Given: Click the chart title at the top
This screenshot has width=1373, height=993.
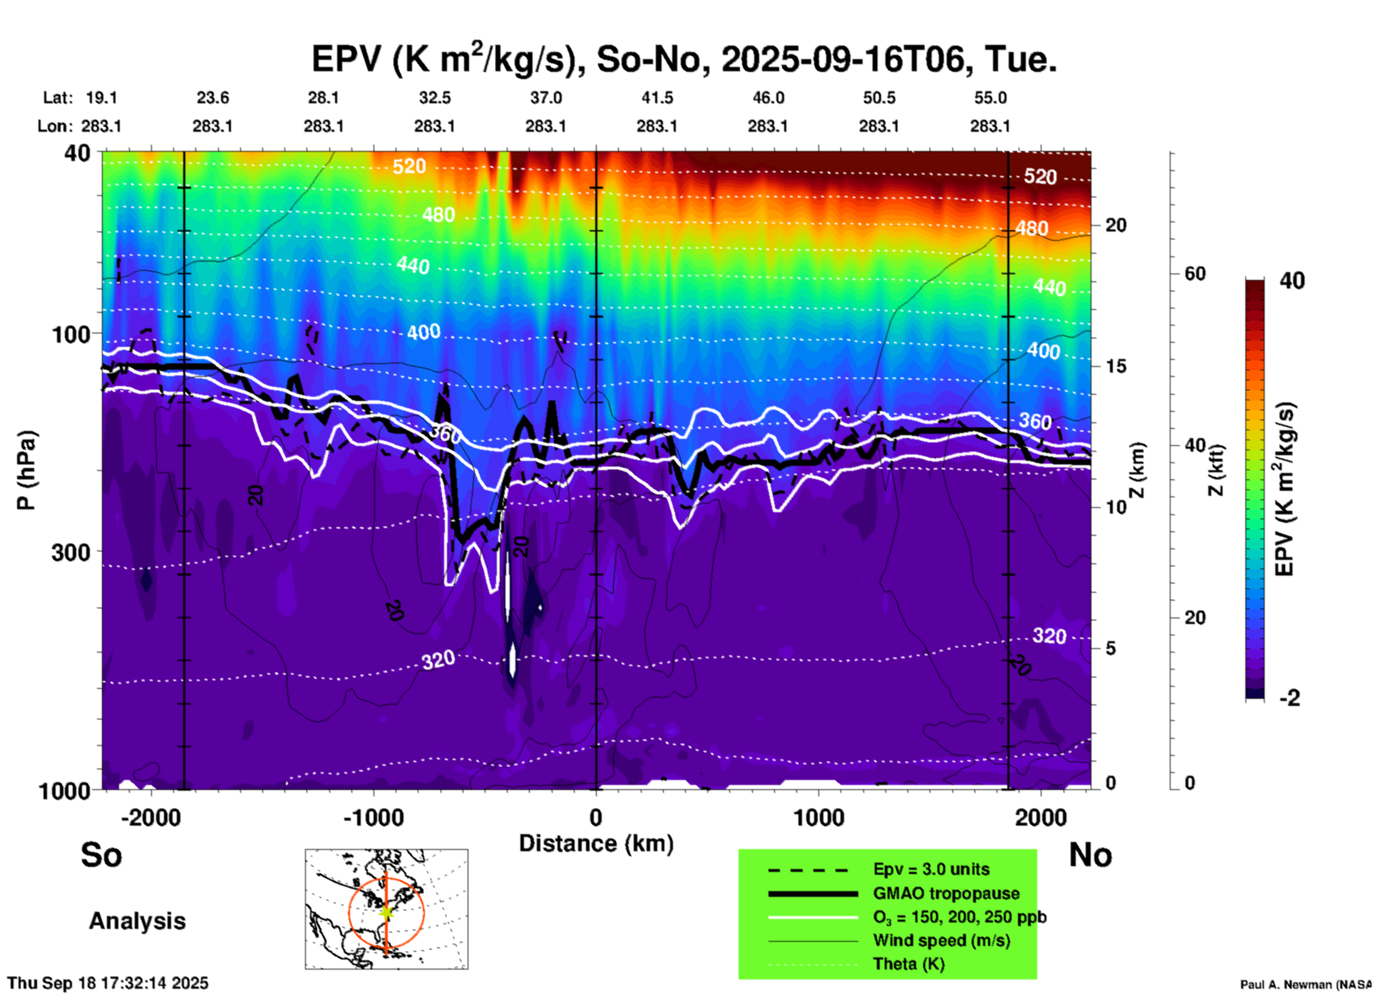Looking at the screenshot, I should [684, 58].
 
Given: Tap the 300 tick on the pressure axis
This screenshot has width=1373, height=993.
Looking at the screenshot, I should [71, 552].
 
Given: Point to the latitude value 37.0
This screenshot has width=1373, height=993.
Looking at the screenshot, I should [545, 98].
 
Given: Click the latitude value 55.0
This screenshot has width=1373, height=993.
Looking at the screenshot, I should [990, 98].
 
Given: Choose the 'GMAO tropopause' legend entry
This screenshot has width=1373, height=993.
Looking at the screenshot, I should [946, 893].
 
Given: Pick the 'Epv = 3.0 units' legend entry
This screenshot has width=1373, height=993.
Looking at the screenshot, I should [931, 869].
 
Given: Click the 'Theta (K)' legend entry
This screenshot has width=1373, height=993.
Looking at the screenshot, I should [908, 964].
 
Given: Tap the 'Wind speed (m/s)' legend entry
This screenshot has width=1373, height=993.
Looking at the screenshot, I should [941, 940].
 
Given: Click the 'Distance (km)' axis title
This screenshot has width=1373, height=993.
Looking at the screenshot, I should [596, 843].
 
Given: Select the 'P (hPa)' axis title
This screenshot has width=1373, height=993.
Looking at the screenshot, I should [26, 470].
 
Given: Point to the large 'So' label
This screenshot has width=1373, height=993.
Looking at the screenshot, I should [101, 855].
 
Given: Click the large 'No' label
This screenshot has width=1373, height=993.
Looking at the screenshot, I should [1090, 855].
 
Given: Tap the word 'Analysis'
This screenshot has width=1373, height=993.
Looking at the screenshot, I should [137, 921].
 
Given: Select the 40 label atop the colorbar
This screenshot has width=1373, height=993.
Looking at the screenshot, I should [1292, 281].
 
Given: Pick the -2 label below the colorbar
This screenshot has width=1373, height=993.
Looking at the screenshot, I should [1290, 697].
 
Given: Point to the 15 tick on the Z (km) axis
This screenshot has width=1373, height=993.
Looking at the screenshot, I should [1116, 366].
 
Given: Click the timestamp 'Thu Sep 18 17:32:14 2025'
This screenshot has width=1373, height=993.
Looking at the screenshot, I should [108, 983].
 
